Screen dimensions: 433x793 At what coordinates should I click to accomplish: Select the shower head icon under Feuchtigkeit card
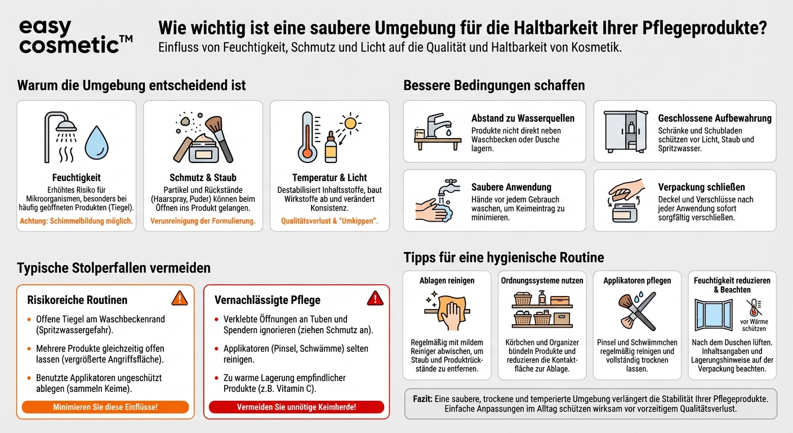[61, 135]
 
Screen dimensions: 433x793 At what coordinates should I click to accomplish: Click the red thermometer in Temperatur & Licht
[307, 137]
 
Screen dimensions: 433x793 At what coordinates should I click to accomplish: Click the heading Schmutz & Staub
[203, 178]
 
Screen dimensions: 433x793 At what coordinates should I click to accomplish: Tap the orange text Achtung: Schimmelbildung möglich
[76, 221]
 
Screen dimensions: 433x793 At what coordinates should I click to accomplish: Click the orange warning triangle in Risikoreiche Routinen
[179, 298]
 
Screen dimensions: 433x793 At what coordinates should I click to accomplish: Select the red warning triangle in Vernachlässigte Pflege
[375, 298]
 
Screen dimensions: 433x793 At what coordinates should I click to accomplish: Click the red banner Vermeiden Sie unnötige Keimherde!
[296, 407]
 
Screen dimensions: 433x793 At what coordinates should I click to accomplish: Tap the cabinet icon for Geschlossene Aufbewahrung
[625, 131]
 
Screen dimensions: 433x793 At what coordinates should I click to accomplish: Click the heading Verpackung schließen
[701, 187]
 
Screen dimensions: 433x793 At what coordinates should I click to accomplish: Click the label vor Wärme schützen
[754, 325]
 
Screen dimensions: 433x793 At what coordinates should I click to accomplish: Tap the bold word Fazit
[422, 399]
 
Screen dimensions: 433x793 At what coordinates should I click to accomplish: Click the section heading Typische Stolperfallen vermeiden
[114, 268]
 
